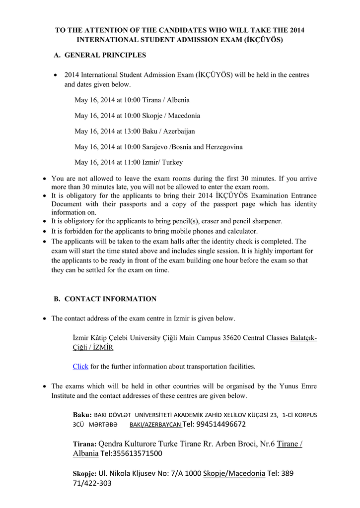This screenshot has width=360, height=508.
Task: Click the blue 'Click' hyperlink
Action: point(80,367)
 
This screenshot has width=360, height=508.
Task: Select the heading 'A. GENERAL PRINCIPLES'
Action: point(100,55)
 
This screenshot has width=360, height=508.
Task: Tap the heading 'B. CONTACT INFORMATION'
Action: point(105,299)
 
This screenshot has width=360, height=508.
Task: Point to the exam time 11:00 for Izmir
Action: point(132,162)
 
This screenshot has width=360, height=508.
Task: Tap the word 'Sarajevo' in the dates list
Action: point(155,147)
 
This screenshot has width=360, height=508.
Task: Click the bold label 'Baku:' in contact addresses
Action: point(82,415)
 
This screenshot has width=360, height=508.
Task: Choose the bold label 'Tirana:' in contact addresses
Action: point(85,444)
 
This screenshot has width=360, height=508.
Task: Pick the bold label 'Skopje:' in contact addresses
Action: point(85,474)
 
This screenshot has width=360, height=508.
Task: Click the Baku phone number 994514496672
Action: point(221,424)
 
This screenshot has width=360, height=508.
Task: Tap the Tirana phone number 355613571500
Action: point(138,454)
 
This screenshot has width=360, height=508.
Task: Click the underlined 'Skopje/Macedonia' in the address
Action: point(234,473)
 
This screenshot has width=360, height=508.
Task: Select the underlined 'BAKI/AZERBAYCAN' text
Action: point(155,425)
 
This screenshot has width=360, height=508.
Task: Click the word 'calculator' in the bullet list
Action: point(242,231)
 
